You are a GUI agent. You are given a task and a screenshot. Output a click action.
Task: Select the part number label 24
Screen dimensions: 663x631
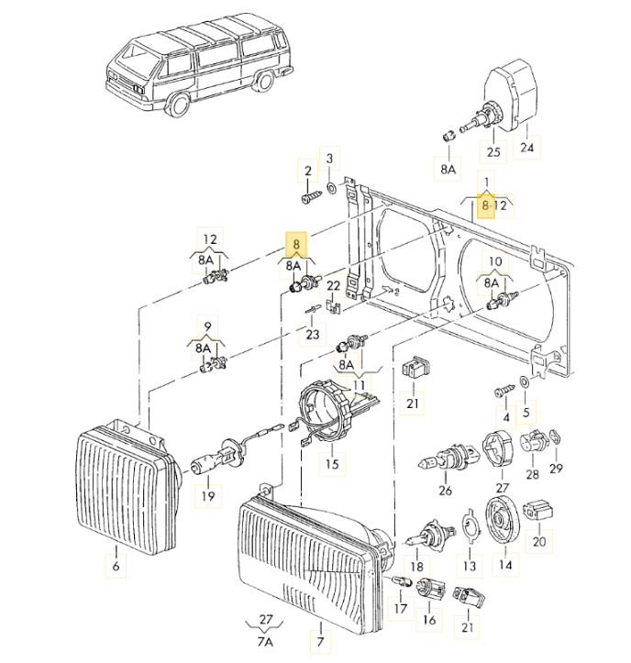526,148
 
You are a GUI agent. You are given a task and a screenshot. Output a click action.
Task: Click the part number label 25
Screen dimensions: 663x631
493,151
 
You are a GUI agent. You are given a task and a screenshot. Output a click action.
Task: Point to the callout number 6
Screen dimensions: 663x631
116,567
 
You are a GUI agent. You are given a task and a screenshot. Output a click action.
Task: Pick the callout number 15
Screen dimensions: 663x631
331,464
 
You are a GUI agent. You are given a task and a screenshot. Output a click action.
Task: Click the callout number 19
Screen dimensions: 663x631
208,496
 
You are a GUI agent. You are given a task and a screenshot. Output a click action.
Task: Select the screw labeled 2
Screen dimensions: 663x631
310,193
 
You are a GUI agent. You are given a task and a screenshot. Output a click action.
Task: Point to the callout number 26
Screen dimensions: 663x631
446,491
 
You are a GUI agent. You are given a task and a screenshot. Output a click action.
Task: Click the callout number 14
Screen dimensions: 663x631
504,567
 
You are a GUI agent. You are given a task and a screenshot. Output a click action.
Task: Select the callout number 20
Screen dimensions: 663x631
538,542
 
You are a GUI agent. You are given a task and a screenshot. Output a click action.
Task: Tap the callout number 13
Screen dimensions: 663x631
470,567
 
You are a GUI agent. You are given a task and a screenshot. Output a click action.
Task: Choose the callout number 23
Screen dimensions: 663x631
313,335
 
